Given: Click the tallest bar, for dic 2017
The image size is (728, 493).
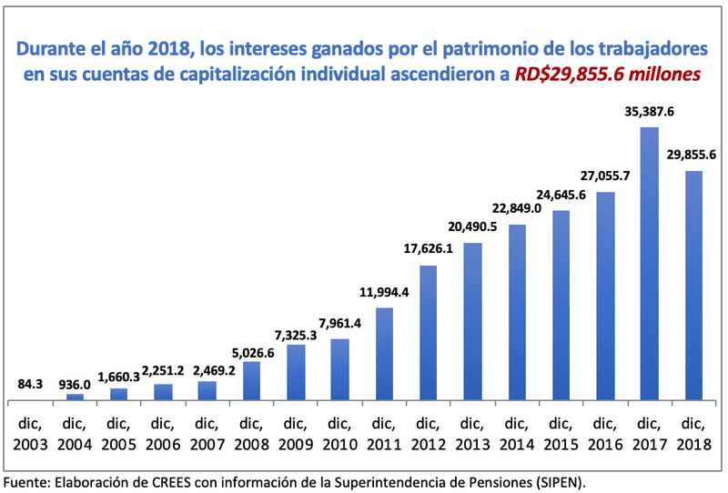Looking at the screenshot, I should [649, 264].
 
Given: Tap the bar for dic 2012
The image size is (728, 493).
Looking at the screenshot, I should [428, 333].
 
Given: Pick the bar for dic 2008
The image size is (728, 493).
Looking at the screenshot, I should [251, 381].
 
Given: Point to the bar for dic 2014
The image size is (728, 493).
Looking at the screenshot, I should [516, 312].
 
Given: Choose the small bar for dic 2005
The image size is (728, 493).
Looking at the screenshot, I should [119, 394].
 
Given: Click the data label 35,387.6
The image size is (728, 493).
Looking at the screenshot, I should [649, 113].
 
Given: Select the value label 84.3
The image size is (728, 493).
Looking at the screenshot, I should [31, 385].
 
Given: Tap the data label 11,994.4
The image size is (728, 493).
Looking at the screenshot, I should [383, 293].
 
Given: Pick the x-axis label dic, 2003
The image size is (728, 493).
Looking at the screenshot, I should [31, 433].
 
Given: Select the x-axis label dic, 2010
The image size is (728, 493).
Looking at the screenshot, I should [339, 433].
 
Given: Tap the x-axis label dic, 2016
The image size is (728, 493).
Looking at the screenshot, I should [604, 433].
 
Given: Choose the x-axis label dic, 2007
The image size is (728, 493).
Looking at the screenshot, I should [207, 433].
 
